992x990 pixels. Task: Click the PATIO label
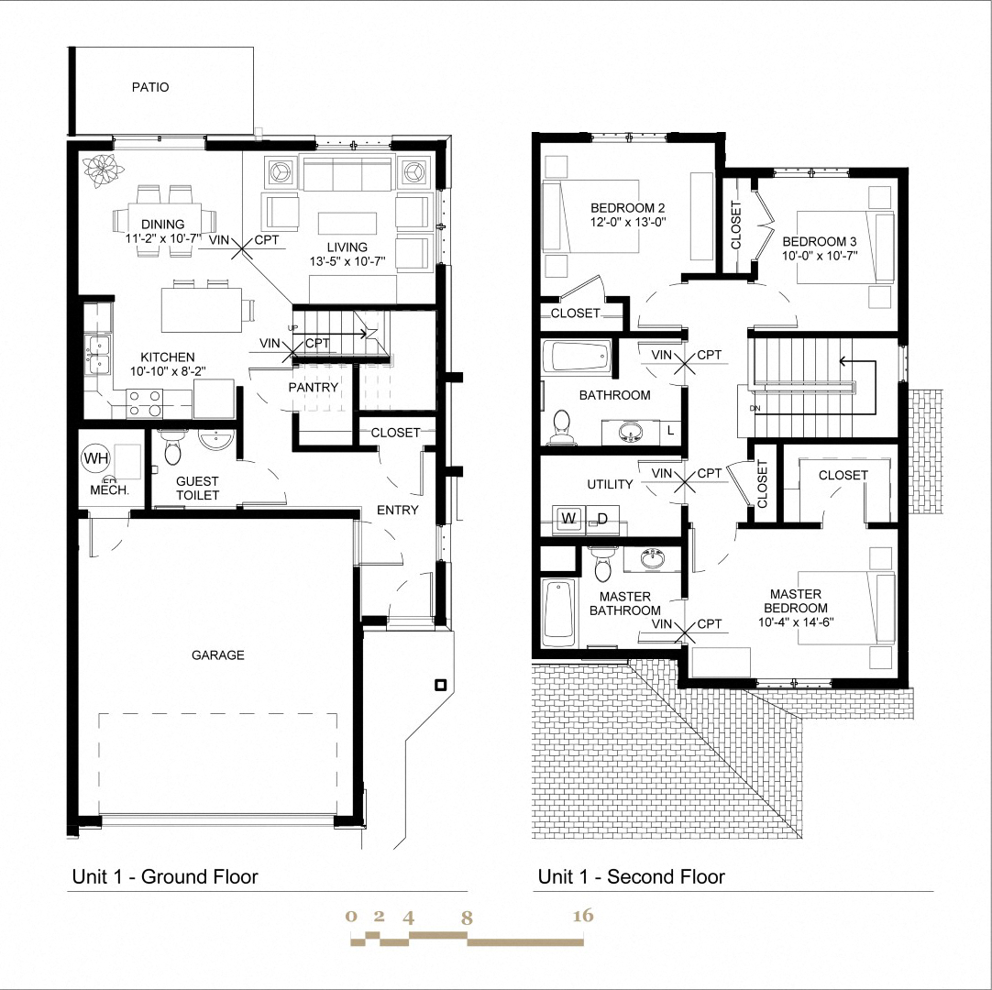[150, 88]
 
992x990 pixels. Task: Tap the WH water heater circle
[95, 456]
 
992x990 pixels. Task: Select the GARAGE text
[217, 655]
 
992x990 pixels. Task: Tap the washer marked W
[568, 519]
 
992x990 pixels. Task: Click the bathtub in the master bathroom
[557, 611]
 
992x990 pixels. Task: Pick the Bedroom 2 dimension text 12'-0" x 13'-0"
[627, 221]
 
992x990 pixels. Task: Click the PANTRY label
[314, 388]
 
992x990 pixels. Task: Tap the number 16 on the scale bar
[582, 916]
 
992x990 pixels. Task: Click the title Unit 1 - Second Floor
[631, 877]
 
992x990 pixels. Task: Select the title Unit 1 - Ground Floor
[165, 877]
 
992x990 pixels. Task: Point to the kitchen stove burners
[142, 404]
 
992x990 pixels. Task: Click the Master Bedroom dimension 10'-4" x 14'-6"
[795, 621]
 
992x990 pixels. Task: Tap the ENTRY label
[398, 511]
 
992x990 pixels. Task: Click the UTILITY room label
[610, 484]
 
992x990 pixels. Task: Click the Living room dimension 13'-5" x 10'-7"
[346, 261]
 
